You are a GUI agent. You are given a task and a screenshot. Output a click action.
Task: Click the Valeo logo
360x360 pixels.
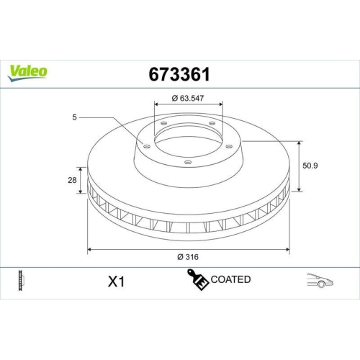coord(28,71)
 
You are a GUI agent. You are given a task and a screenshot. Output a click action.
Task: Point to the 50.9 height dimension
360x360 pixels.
coord(310,165)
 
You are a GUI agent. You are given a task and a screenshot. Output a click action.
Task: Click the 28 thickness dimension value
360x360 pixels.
coord(73,180)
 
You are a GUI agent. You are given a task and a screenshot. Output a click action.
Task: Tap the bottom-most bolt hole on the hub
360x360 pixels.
coord(188,162)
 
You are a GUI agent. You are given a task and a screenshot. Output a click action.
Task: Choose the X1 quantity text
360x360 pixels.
coord(116,282)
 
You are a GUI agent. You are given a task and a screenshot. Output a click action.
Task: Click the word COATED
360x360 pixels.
coord(230,279)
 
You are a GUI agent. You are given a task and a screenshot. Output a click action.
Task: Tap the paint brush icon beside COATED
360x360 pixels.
coord(197,279)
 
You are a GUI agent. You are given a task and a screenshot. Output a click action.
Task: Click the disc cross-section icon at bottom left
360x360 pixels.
coord(20,281)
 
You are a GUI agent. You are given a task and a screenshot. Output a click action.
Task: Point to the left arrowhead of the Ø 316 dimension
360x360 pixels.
coord(89,249)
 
